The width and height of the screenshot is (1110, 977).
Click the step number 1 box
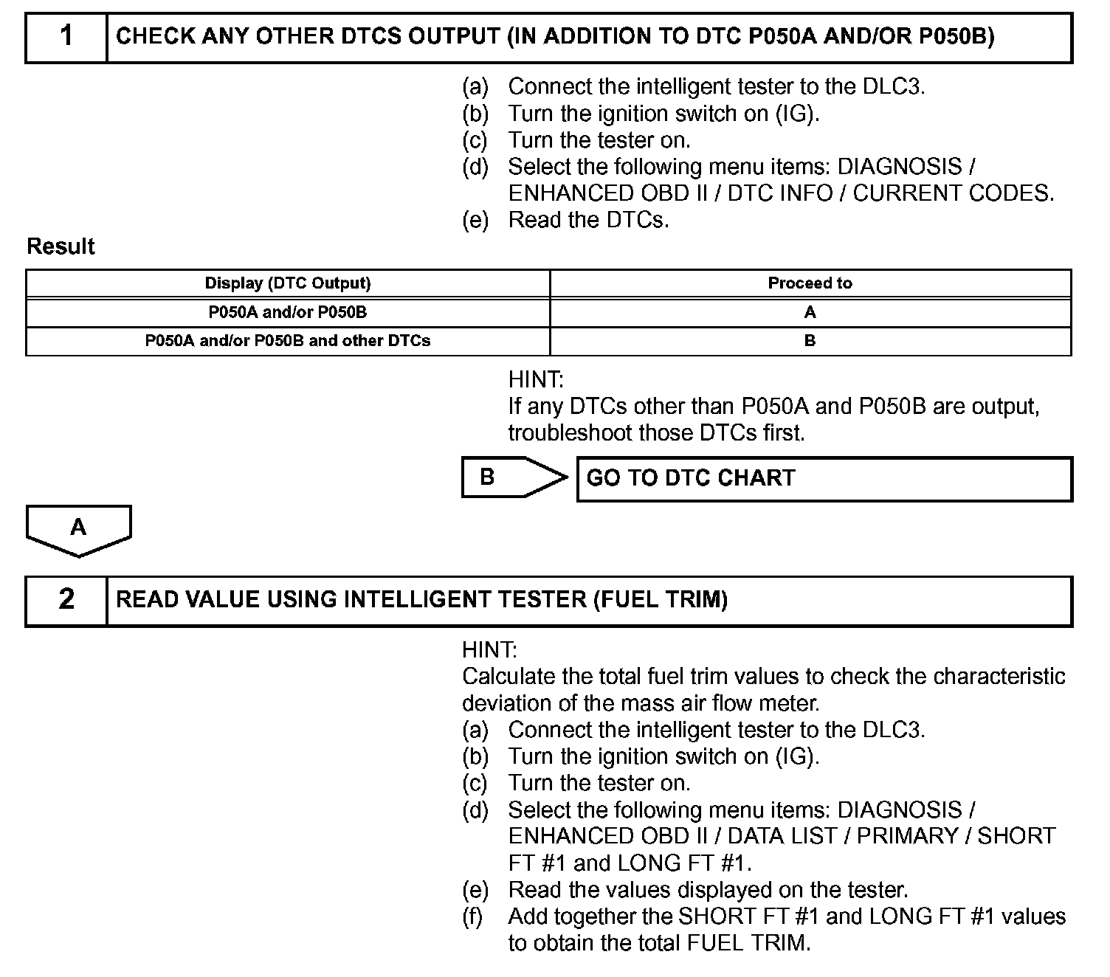click(66, 36)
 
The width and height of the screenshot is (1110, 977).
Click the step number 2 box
click(66, 600)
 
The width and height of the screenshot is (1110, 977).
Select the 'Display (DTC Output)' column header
click(288, 283)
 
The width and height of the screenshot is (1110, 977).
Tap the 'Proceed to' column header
click(810, 283)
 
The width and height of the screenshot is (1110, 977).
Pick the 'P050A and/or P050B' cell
click(288, 312)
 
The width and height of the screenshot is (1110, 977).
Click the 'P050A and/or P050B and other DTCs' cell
click(288, 341)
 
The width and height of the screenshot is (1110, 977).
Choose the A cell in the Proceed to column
click(810, 312)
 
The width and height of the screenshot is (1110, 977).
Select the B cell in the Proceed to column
click(810, 341)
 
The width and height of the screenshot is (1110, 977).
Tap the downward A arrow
click(78, 530)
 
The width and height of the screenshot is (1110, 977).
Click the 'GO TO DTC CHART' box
click(824, 479)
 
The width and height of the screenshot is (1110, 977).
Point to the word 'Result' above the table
click(61, 246)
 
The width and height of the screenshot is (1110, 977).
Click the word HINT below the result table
click(535, 380)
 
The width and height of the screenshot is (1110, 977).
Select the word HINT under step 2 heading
click(489, 650)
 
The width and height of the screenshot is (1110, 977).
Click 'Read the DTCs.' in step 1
click(588, 220)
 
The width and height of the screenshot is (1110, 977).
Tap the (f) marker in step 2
click(474, 916)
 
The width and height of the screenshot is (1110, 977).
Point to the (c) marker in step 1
click(475, 140)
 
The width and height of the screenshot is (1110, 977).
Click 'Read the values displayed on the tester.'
click(708, 890)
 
